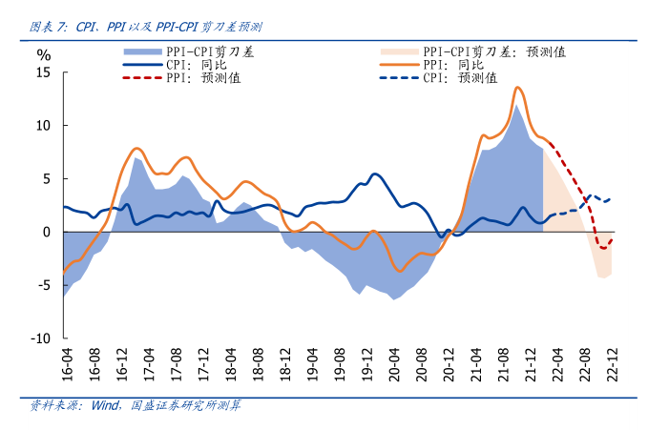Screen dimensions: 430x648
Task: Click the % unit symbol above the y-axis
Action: [x=43, y=53]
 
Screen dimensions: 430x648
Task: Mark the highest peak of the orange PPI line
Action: [x=517, y=88]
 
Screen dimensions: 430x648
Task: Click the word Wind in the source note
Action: [x=104, y=405]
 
